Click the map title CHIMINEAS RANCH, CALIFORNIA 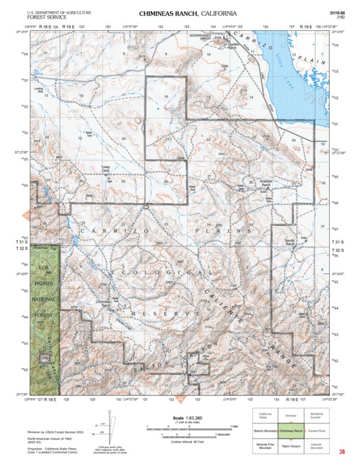coord(188,14)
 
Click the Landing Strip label coord(39,89)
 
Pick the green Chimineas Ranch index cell coord(291,430)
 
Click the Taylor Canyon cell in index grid coord(291,445)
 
